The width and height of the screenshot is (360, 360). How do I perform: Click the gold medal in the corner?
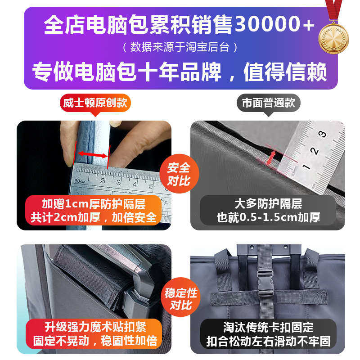[333, 37]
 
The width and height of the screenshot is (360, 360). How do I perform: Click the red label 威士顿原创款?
[94, 103]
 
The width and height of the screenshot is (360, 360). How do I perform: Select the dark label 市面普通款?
[268, 103]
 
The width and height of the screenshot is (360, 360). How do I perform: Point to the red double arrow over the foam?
[92, 155]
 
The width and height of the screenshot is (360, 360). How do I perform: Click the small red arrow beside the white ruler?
[271, 157]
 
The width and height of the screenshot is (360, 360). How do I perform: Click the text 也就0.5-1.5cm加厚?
[268, 218]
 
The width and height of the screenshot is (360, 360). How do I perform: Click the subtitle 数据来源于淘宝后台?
[180, 47]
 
